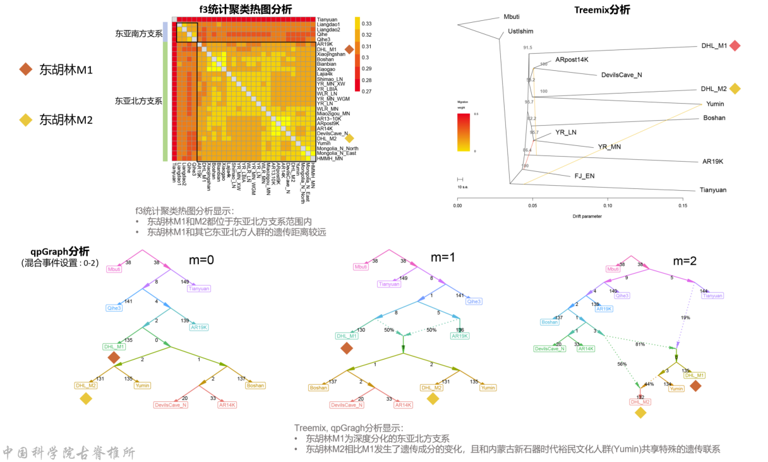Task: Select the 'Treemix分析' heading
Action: tap(602, 9)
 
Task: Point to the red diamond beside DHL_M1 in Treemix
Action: tap(734, 46)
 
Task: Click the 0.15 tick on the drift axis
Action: tap(683, 205)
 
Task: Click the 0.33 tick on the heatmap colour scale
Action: tap(366, 23)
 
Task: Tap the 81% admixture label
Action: tap(640, 344)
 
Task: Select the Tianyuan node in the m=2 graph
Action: tap(712, 296)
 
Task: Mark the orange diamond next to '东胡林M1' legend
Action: tap(26, 70)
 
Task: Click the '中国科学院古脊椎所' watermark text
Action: tap(69, 452)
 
